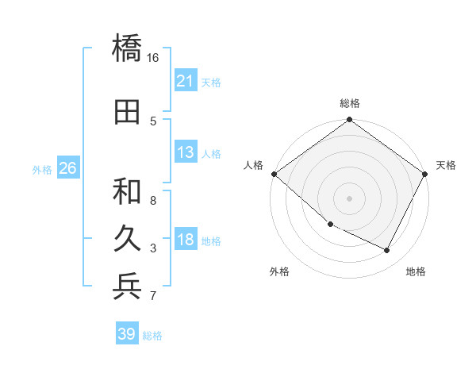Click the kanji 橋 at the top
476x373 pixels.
coord(128,48)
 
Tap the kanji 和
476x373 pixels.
coord(128,190)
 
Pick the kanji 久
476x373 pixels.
coord(128,239)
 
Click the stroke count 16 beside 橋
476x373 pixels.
coord(153,57)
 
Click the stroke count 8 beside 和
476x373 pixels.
coord(154,200)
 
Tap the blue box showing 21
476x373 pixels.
coord(186,81)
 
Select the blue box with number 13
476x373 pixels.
coord(186,152)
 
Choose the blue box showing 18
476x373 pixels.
coord(186,240)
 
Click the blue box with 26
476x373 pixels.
coord(67,168)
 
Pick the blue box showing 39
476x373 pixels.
coord(127,334)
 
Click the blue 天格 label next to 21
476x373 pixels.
coord(211,82)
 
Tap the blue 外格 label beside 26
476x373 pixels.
coord(42,169)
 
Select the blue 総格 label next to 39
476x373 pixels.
coord(152,335)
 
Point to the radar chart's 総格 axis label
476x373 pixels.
coord(350,103)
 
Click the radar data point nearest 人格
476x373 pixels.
coord(274,174)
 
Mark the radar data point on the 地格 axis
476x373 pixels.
coord(387,251)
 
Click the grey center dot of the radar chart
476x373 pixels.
coord(350,198)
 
